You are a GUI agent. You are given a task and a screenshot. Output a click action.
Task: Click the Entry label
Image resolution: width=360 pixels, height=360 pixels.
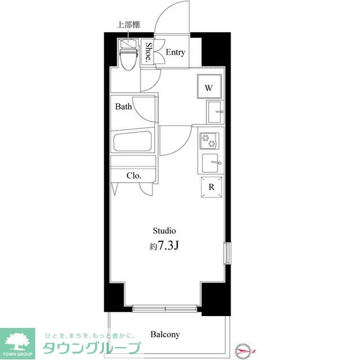(175, 52)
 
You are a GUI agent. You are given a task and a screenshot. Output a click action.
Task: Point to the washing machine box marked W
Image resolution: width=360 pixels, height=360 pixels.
(209, 88)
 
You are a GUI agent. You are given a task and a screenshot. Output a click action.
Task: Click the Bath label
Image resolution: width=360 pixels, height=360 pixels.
(124, 106)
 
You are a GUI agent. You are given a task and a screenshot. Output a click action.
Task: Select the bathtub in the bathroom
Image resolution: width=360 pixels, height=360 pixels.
(133, 141)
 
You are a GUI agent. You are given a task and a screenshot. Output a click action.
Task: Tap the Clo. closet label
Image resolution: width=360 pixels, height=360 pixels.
(133, 175)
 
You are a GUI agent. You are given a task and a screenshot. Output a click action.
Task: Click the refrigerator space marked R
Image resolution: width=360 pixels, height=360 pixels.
(211, 188)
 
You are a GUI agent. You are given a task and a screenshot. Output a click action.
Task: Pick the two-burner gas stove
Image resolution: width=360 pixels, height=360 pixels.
(209, 140)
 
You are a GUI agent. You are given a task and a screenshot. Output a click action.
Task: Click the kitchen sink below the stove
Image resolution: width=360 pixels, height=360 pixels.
(211, 163)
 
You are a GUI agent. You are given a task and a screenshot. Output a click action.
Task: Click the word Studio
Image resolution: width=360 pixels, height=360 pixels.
(165, 231)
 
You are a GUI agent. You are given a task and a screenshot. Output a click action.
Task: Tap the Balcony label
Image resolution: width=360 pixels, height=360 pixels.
(165, 335)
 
